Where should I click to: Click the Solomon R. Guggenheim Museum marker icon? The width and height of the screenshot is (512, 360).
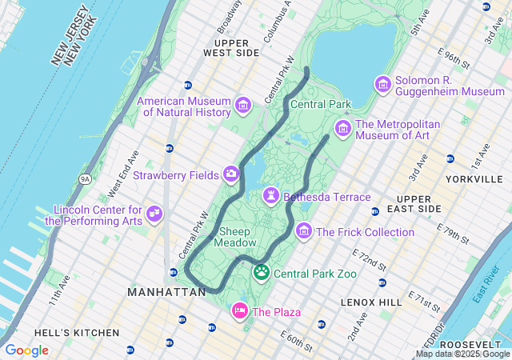383,84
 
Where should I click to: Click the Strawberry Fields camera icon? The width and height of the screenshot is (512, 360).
231,174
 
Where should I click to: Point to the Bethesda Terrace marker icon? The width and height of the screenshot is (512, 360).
272,196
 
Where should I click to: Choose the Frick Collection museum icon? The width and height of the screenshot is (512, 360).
304,231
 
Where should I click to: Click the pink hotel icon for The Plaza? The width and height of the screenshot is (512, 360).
239,310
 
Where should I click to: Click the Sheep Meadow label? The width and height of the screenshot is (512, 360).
238,237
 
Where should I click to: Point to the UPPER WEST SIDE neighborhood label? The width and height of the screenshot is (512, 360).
231,46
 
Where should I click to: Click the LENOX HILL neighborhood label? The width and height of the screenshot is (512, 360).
371,302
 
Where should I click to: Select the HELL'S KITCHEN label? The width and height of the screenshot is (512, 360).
77,332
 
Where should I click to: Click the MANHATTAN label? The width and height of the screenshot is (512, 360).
166,293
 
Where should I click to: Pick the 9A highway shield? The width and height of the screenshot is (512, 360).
86,179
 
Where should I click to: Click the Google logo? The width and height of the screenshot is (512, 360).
26,350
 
